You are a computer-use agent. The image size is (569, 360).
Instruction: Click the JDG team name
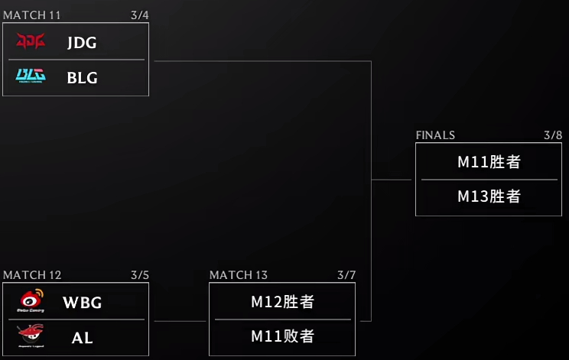coord(82,43)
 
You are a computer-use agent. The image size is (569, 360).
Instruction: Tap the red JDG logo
coord(31,41)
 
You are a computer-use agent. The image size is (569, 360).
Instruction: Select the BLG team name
coord(82,77)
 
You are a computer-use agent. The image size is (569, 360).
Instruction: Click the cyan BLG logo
coord(31,76)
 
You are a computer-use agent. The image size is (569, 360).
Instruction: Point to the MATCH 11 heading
coord(32,15)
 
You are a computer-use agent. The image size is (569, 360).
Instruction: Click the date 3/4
coord(139,15)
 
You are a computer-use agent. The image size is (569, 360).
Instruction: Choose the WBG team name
coord(82,303)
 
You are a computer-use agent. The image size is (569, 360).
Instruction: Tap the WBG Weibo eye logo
coord(31,301)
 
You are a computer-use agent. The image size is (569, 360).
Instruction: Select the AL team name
coord(82,337)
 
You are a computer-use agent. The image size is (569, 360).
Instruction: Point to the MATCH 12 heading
coord(32,275)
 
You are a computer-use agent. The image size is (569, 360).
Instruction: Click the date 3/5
coord(139,275)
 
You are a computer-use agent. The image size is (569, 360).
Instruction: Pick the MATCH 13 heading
coord(239,275)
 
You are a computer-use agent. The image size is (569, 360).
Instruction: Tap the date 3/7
coord(346,275)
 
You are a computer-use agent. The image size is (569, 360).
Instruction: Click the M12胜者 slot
coord(282,302)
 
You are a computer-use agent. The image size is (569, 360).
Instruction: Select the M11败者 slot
coord(282,336)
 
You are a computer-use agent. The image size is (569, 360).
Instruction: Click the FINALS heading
coord(435,135)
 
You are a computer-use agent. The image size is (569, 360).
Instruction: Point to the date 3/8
coord(553,135)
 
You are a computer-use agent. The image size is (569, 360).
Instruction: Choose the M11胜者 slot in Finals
coord(489,162)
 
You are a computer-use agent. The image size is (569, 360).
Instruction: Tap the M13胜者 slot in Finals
coord(489,196)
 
